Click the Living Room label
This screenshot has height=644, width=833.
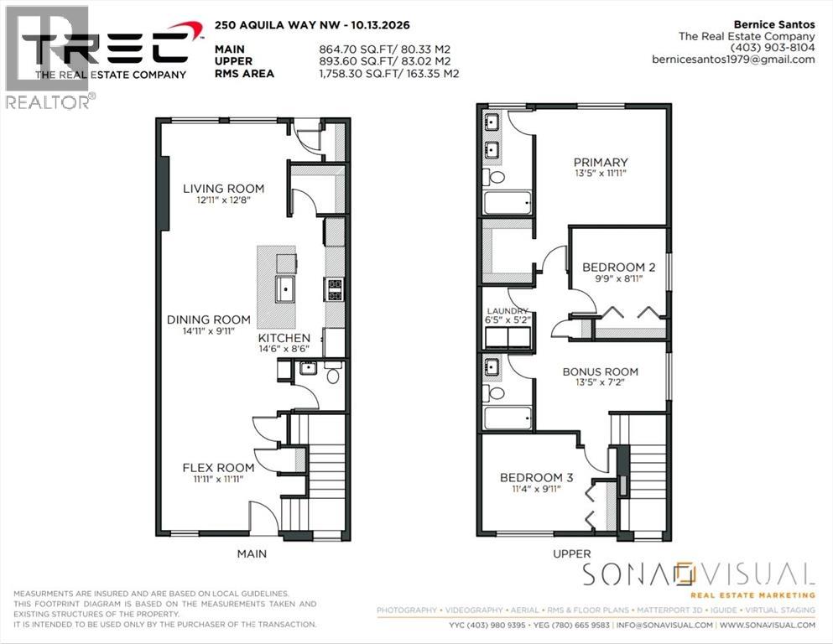coord(224,189)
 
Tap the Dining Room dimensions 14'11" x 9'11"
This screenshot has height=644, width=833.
coord(208,330)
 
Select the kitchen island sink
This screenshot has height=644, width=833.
coord(285,288)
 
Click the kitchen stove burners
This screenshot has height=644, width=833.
coord(334,290)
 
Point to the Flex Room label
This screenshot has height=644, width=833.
coord(218,468)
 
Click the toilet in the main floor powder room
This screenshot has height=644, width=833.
coord(333,373)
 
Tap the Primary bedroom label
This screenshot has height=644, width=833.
coord(601,163)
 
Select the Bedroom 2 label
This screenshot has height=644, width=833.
coord(619,267)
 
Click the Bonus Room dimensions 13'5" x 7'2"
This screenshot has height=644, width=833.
coord(601,382)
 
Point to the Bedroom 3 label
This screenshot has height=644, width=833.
coord(537,477)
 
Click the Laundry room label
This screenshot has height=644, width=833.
coord(508,311)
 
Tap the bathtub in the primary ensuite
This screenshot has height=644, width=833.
coord(508,202)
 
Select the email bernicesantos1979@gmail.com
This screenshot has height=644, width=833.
coord(734,60)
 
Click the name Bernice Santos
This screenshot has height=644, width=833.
coord(774,24)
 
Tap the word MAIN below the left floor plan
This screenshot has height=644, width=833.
coord(252,553)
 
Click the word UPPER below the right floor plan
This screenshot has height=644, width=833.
coord(571,553)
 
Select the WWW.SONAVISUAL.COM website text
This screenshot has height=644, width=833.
coord(767,625)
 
